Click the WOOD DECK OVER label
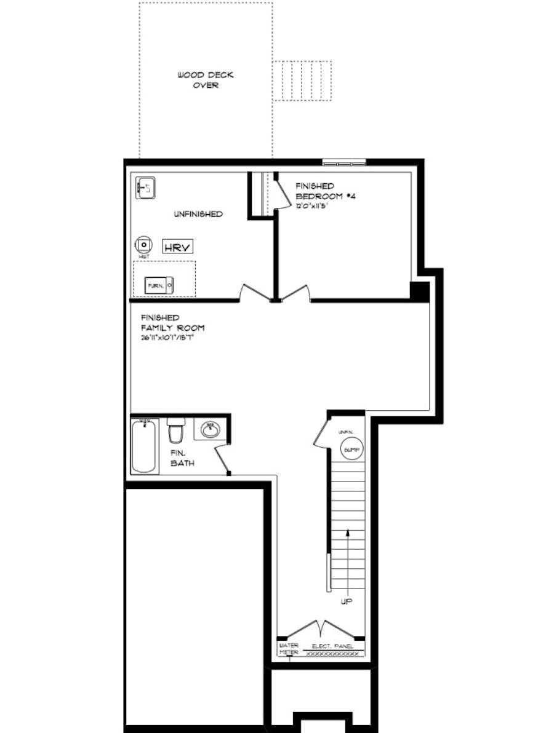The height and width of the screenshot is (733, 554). (x=206, y=80)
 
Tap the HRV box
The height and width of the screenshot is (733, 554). (x=178, y=247)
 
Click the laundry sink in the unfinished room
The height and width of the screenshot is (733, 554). (x=146, y=188)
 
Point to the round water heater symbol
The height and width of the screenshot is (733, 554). (x=143, y=245)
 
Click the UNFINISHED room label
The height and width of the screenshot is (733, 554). (x=198, y=214)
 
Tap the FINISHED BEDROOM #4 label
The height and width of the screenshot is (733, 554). (x=324, y=191)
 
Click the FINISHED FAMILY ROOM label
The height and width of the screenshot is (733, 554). (x=172, y=323)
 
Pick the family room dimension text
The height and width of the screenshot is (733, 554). (x=172, y=338)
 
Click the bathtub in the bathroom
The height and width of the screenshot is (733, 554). (x=144, y=446)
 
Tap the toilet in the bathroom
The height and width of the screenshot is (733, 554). (x=176, y=430)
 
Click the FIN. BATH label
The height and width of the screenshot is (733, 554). (x=182, y=458)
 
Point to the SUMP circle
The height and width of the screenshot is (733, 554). (x=350, y=450)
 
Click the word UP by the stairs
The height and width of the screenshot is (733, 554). (x=347, y=601)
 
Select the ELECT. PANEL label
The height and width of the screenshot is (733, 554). (x=332, y=646)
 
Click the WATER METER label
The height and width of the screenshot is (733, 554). (x=289, y=649)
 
